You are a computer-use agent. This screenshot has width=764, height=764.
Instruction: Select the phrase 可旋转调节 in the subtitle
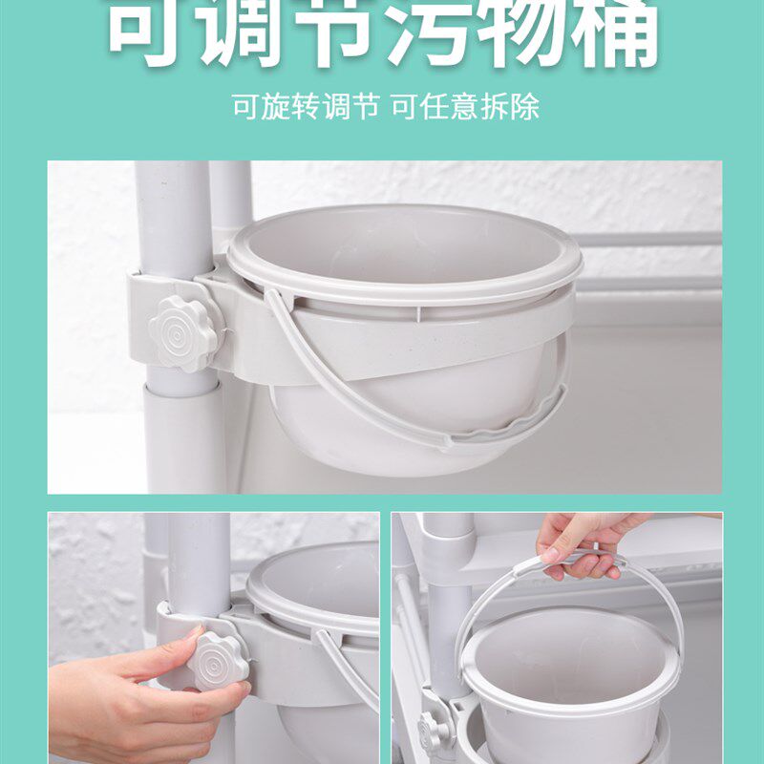[x=305, y=106]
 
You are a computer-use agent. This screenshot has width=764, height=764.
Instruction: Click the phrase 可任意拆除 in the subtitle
[x=465, y=106]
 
